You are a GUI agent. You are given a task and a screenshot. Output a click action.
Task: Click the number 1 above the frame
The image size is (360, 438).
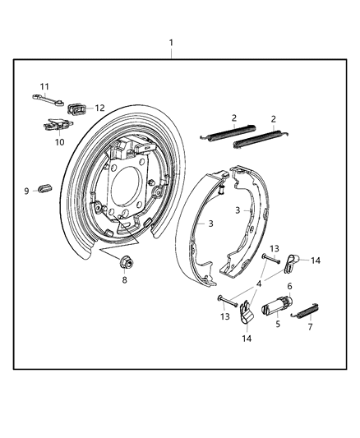tap(171, 42)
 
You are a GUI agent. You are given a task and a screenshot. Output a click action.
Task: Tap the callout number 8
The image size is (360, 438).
tap(124, 279)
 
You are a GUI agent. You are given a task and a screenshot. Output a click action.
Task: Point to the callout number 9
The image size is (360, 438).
tap(25, 191)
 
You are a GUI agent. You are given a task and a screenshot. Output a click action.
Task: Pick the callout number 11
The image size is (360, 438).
tap(45, 86)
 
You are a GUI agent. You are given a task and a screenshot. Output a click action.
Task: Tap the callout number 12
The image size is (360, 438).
tap(100, 108)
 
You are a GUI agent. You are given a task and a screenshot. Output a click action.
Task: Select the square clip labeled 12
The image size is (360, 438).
tap(79, 108)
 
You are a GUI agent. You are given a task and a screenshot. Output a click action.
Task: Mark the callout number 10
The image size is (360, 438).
tap(58, 142)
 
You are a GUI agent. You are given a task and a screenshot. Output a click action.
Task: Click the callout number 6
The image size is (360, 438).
tap(289, 286)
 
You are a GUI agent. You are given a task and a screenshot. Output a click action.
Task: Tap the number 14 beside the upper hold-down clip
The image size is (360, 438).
tap(316, 260)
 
